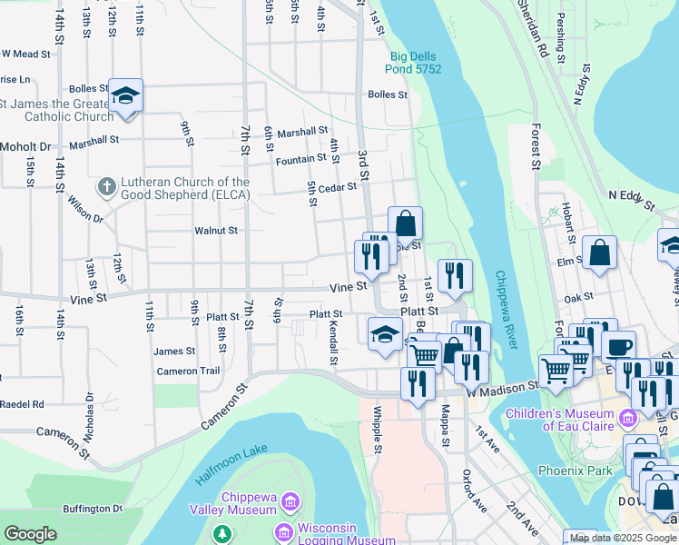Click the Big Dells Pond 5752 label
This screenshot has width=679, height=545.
(x=416, y=62)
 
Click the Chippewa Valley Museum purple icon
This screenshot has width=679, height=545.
(x=290, y=500)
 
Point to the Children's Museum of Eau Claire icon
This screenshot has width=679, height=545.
(x=628, y=419)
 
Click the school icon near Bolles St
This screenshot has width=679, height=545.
(x=124, y=95)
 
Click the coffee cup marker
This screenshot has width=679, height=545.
(x=618, y=347)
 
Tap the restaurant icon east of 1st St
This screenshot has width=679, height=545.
(x=455, y=275)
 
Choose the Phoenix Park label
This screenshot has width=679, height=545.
(x=575, y=471)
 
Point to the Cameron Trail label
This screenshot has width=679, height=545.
(x=188, y=371)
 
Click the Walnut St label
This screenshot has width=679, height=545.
(x=216, y=231)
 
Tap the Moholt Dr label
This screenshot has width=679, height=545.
(x=25, y=146)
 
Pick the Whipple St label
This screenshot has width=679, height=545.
(x=377, y=431)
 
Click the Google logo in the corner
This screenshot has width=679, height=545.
(x=30, y=534)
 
